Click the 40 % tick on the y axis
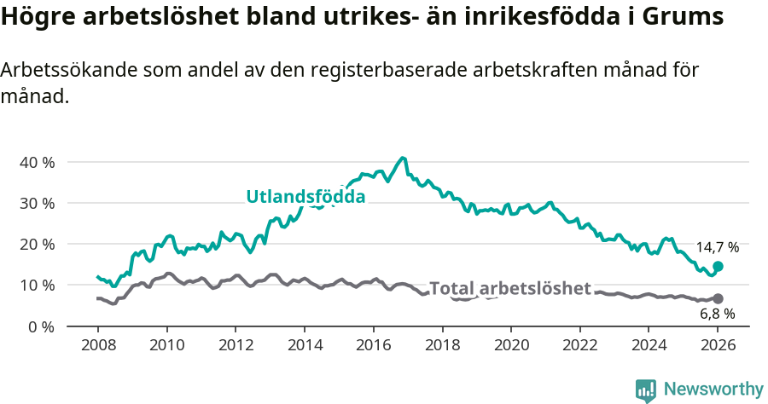[x=36, y=162]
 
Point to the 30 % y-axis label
[x=36, y=203]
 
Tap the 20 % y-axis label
[x=36, y=244]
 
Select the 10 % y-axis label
[x=36, y=285]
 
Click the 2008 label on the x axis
[x=97, y=346]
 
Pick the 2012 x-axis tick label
[x=236, y=346]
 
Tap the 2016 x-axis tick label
[x=373, y=346]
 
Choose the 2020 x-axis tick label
[x=511, y=346]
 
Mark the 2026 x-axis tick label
[x=718, y=346]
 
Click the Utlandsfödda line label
[x=305, y=197]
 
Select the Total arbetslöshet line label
[x=509, y=288]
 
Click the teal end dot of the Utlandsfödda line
[x=718, y=266]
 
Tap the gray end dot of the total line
[x=718, y=298]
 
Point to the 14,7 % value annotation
[x=717, y=247]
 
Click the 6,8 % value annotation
[x=717, y=314]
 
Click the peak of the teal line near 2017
[x=403, y=158]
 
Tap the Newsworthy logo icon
[x=645, y=390]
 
